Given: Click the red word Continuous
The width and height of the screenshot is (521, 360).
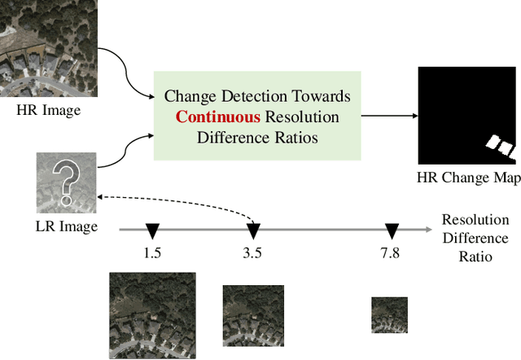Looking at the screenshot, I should tap(212, 117).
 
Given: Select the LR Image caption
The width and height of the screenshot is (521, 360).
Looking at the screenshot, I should tap(67, 226).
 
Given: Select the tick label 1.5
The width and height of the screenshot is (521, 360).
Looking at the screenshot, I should tap(151, 252).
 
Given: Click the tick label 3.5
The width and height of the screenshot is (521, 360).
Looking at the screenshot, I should tap(252, 252).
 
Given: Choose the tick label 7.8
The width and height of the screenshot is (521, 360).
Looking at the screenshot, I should tap(389, 252).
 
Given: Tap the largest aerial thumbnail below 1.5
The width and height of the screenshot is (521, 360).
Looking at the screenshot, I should tap(152, 315).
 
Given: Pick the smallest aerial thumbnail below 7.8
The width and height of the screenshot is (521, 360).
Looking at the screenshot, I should tap(389, 314).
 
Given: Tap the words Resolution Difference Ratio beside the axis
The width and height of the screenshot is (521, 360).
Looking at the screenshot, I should tap(475, 238).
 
